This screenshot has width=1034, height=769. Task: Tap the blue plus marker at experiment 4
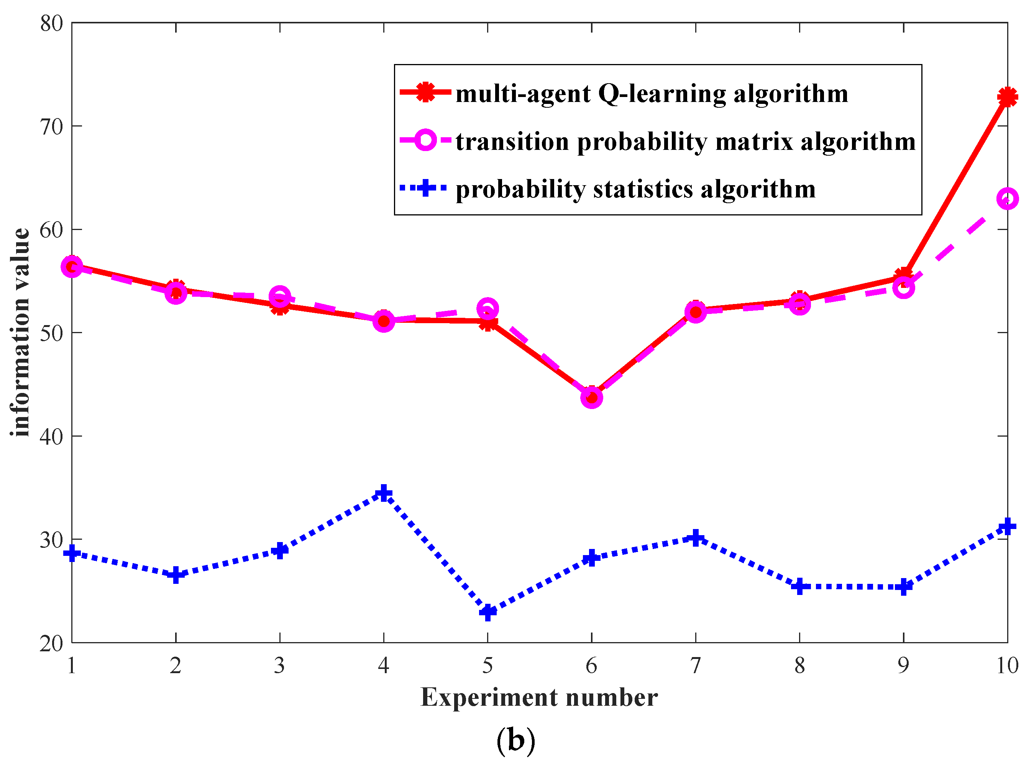384,493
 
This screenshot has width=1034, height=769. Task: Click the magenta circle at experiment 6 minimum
591,398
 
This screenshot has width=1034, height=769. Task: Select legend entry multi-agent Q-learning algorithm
652,94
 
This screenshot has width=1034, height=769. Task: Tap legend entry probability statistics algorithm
635,189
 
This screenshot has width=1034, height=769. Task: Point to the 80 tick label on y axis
51,23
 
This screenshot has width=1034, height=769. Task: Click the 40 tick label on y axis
51,437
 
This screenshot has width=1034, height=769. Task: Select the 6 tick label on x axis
591,665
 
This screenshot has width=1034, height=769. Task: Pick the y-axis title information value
20,332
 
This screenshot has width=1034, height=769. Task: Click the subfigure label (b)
515,740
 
